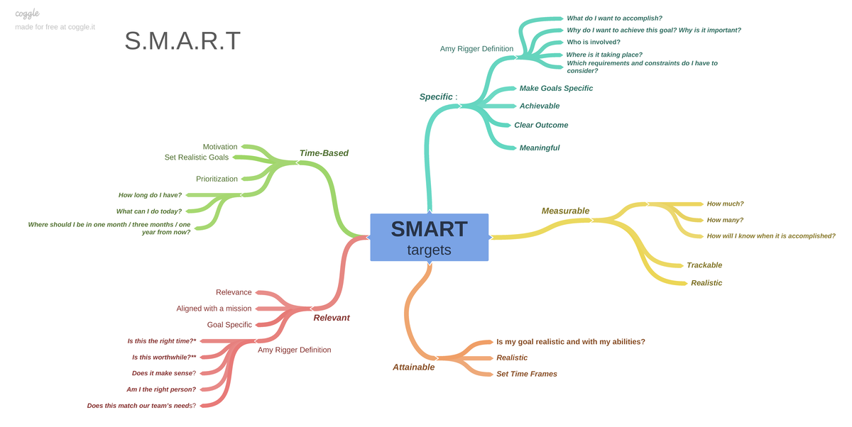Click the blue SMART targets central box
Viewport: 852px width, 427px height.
pos(429,237)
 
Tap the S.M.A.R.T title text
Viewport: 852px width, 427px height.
pos(182,41)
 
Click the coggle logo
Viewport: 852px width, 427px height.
pos(27,13)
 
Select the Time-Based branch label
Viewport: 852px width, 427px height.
pos(324,152)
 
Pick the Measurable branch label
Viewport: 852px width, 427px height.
pos(565,211)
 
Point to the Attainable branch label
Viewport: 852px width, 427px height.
pos(413,367)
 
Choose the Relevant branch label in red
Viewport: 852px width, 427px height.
pos(332,318)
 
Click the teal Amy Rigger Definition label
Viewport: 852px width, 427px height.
pos(476,49)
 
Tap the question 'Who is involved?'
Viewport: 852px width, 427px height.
pos(593,42)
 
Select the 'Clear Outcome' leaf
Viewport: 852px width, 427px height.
pos(541,125)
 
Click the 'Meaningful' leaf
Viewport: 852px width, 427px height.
pos(540,148)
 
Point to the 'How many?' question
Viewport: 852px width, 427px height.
pos(725,220)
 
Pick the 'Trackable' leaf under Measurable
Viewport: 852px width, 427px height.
pos(704,265)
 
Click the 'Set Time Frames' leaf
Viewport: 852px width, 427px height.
pos(527,374)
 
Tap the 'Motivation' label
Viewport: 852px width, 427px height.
pos(220,147)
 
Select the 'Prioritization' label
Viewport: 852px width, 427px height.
pos(217,179)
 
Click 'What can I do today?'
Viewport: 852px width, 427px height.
pos(149,211)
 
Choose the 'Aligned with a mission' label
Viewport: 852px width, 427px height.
pos(214,309)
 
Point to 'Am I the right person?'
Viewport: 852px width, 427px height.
pos(161,389)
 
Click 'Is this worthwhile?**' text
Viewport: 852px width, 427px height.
pos(164,357)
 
